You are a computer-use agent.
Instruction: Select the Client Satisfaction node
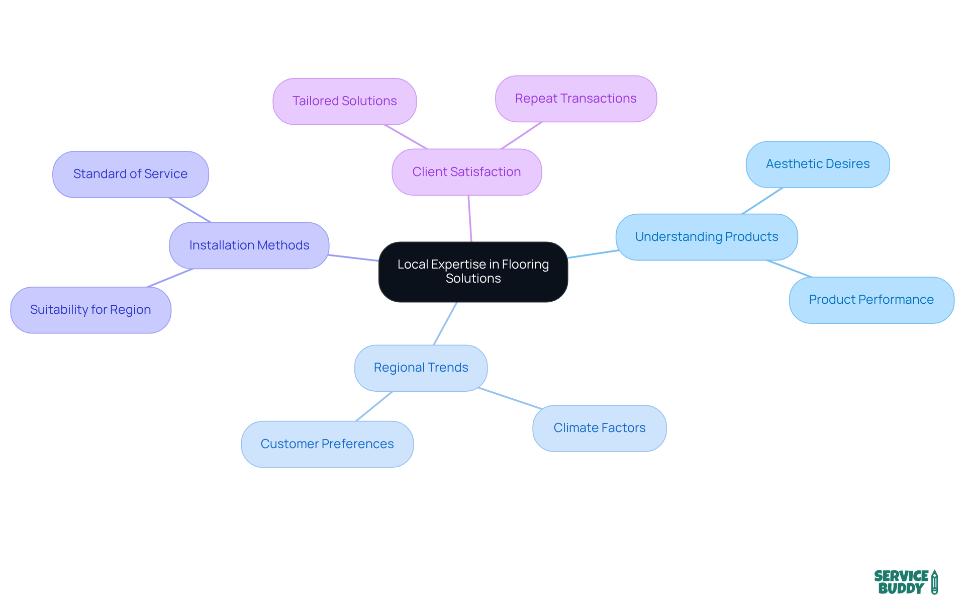pos(466,172)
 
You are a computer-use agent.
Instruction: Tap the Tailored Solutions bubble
pos(344,101)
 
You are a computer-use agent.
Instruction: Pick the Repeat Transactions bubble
pos(575,99)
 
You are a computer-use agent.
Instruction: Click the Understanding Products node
pos(706,237)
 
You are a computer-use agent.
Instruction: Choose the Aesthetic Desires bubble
pos(817,164)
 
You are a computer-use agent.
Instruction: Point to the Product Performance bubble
pos(871,300)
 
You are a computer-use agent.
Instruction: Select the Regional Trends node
pos(421,368)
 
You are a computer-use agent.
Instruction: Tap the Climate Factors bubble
pos(599,428)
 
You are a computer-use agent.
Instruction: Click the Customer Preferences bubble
pos(327,444)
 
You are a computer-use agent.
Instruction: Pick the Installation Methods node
pos(249,245)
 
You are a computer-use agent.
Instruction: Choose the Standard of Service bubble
pos(130,174)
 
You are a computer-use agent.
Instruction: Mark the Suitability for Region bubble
pos(90,310)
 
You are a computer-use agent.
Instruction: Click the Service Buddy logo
pos(905,582)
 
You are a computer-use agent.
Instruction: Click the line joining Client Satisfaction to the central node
pos(470,219)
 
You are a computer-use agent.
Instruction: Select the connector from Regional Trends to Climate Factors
pos(510,398)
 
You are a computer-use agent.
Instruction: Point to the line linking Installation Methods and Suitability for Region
pos(170,278)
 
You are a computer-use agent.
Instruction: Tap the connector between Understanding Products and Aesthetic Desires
pos(762,201)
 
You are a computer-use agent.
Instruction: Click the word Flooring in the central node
pos(525,265)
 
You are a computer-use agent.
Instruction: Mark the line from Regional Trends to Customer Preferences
pos(374,406)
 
